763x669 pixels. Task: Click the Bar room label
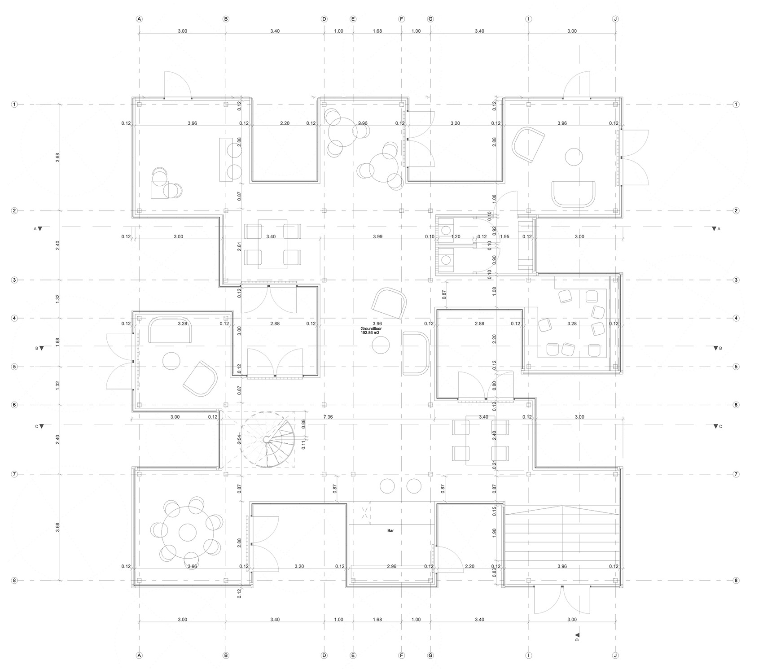(390, 531)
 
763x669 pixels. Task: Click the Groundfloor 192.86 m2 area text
(371, 331)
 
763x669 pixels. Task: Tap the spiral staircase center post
(267, 439)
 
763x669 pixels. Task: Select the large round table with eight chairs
(188, 532)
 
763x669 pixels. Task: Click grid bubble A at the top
(139, 19)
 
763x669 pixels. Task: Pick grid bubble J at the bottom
(615, 656)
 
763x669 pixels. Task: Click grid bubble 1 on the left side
(14, 105)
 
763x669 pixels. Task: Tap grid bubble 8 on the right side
(736, 580)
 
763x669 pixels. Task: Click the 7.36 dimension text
(329, 417)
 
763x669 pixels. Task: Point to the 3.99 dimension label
(377, 236)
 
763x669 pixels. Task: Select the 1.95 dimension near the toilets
(504, 236)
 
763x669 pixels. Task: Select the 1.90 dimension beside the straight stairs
(494, 533)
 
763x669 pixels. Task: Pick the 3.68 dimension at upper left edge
(58, 157)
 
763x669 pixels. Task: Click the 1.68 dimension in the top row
(377, 31)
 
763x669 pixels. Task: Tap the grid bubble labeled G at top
(430, 19)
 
